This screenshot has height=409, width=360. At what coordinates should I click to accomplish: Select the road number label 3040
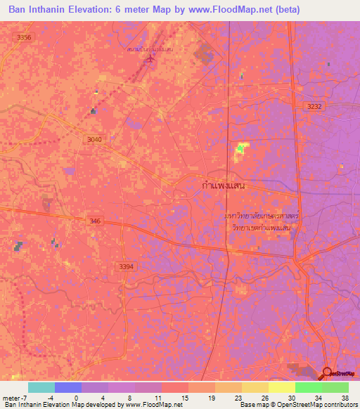[x=95, y=140]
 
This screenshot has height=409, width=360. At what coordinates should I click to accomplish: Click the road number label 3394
[x=125, y=266]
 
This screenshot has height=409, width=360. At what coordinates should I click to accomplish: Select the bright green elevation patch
[x=242, y=147]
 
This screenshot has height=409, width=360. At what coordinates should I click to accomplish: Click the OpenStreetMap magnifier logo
[x=328, y=373]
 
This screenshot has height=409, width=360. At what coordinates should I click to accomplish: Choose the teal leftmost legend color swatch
[x=41, y=387]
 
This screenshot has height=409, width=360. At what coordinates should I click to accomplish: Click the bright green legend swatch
[x=308, y=387]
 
